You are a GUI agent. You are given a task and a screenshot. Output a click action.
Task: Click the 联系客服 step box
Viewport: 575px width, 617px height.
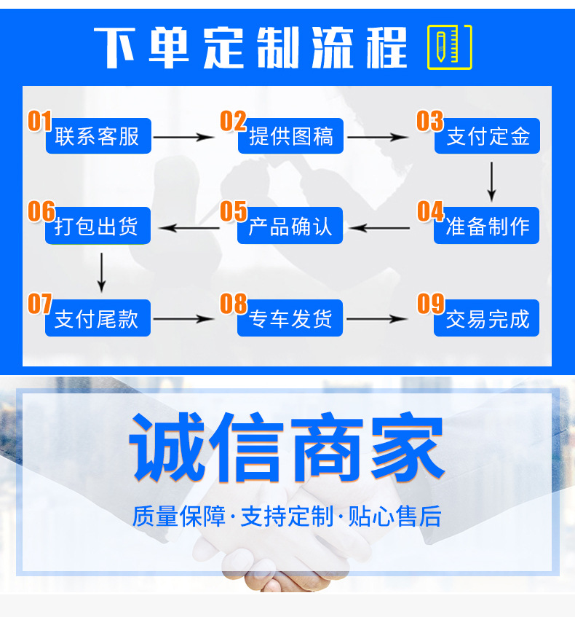[x=98, y=136]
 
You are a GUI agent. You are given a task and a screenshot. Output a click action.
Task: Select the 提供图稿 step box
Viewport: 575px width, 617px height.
[x=291, y=136]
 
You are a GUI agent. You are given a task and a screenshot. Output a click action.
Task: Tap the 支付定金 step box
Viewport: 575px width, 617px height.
[x=487, y=136]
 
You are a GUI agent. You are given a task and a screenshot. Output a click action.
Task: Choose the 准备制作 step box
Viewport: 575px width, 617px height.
[x=487, y=227]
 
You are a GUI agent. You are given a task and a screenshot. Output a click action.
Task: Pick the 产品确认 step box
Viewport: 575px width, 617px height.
[x=291, y=227]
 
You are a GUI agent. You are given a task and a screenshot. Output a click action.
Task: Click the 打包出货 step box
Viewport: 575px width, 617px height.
[x=98, y=227]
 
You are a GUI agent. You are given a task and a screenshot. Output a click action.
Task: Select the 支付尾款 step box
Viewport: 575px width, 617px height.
[x=98, y=318]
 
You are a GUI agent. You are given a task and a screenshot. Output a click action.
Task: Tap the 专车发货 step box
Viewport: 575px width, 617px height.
[x=291, y=318]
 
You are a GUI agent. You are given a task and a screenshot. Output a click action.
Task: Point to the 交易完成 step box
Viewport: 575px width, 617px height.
[x=487, y=318]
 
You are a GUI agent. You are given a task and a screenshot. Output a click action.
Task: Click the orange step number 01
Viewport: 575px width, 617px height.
[x=40, y=121]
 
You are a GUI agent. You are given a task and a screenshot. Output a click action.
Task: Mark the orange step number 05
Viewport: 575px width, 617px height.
[x=234, y=211]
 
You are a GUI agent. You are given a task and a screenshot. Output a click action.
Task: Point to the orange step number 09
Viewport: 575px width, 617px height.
[x=430, y=303]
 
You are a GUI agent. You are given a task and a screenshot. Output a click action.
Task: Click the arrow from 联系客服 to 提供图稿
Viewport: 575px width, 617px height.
[x=185, y=136]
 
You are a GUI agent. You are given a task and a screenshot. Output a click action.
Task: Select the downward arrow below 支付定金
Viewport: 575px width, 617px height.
[x=491, y=181]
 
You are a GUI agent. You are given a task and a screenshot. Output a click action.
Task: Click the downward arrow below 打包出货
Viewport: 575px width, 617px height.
[x=101, y=272]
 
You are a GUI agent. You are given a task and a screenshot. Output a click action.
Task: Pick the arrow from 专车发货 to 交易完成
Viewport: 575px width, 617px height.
[x=377, y=319]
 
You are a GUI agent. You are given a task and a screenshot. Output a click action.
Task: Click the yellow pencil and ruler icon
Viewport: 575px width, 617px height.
[x=449, y=47]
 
